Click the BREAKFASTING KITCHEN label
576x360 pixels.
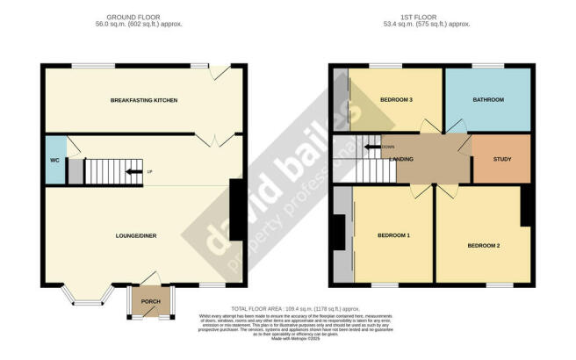click(x=144, y=101)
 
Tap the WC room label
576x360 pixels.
click(x=54, y=160)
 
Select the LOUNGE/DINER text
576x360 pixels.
click(x=140, y=235)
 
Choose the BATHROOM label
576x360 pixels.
click(x=489, y=100)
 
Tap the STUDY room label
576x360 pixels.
click(x=502, y=160)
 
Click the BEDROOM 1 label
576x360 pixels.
click(x=393, y=235)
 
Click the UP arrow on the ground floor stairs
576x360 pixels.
click(x=134, y=171)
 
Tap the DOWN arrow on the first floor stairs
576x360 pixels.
click(x=373, y=147)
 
